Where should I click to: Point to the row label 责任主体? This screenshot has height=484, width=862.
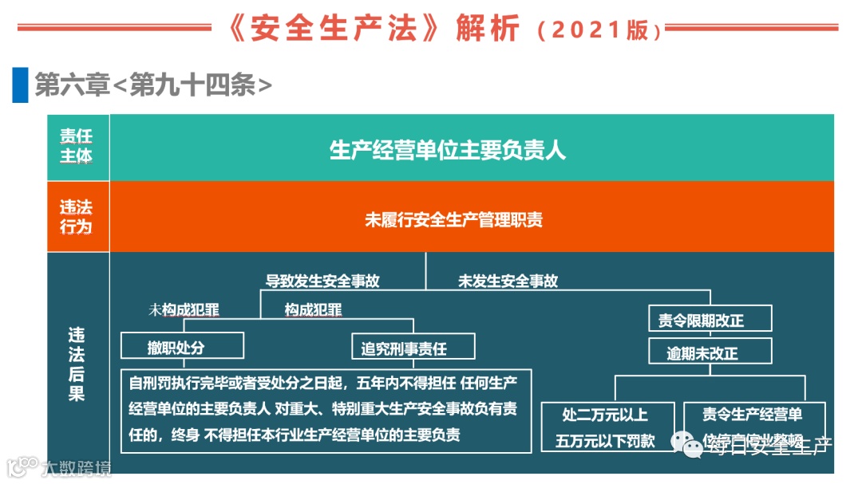point(77,147)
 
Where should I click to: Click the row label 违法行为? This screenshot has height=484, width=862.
point(77,217)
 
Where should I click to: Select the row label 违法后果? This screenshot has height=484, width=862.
point(77,364)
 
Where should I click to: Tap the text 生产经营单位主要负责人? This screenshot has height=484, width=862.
point(448,150)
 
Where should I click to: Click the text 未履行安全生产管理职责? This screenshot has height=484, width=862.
point(453,219)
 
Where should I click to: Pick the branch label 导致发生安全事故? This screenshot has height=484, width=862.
point(322,281)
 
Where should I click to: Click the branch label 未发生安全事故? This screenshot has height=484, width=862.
point(508,281)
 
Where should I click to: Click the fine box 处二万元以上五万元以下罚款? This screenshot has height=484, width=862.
point(609,427)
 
